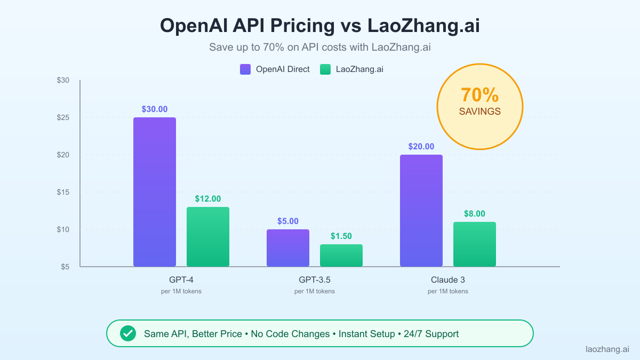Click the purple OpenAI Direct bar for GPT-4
(155, 192)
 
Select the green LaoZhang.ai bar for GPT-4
(208, 237)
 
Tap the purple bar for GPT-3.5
(288, 248)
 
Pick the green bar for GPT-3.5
(341, 255)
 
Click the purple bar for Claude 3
(421, 211)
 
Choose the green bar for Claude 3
(475, 244)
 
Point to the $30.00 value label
(155, 109)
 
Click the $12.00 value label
(208, 199)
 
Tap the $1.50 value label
(341, 236)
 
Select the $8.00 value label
(475, 214)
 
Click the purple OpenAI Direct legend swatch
(245, 69)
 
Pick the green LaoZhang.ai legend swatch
(325, 69)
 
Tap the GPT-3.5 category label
(315, 279)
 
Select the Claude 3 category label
(448, 279)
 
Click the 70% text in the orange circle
(480, 95)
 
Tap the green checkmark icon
(127, 334)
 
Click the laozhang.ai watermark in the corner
(607, 349)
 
